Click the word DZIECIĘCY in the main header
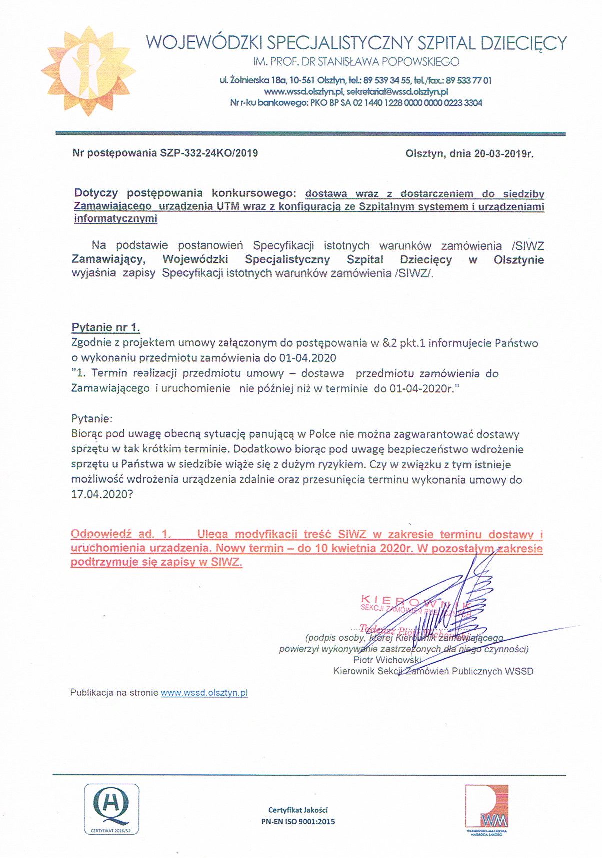pos(523,43)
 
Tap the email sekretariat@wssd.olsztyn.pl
pos(397,91)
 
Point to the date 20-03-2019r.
pos(504,154)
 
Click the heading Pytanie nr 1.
pos(106,328)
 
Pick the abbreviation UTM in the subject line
pos(227,206)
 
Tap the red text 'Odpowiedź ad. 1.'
pos(120,534)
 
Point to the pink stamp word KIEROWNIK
pos(415,600)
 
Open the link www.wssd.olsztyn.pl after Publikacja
pos(204,693)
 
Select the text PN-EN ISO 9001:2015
pos(298,821)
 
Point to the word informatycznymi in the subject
pos(115,218)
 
